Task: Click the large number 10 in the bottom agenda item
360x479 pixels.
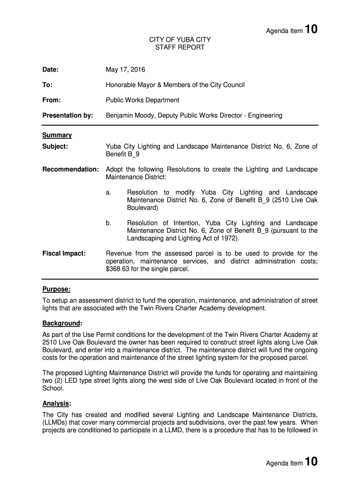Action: pos(311,463)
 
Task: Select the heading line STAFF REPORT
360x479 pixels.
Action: pos(180,48)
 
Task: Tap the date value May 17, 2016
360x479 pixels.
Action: pos(125,70)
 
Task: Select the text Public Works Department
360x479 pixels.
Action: pos(143,100)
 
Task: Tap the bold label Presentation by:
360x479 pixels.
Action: pos(68,115)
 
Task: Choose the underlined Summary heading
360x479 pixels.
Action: pos(57,135)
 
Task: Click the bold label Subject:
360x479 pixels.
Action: pos(55,146)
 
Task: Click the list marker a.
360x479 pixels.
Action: pos(108,193)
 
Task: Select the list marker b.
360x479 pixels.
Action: pos(108,223)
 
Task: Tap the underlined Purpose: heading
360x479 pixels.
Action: pos(57,290)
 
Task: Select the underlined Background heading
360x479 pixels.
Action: pos(61,323)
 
